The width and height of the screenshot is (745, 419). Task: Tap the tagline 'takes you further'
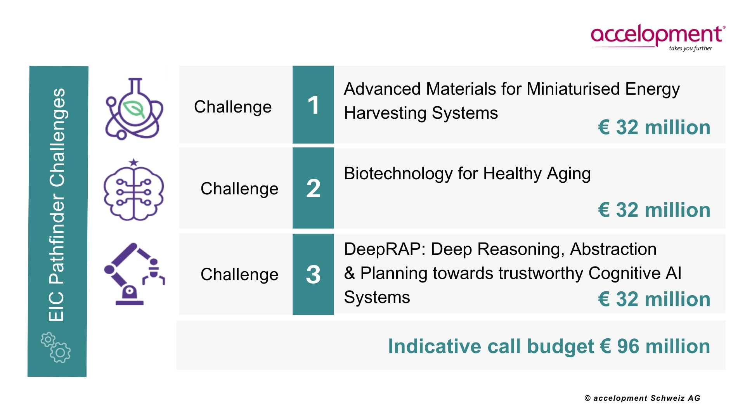[690, 48]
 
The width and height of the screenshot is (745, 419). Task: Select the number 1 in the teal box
[313, 105]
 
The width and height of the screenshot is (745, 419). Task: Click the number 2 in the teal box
[313, 189]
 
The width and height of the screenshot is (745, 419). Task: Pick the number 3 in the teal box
[313, 275]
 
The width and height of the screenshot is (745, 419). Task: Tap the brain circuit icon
[134, 190]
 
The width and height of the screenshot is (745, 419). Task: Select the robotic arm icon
[134, 274]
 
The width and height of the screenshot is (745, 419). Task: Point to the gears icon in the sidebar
[55, 347]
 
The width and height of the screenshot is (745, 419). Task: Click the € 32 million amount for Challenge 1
[654, 127]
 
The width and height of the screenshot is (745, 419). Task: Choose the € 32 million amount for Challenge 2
[654, 210]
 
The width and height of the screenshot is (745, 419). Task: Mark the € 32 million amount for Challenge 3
[654, 299]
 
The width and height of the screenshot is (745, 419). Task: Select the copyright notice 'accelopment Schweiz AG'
[647, 398]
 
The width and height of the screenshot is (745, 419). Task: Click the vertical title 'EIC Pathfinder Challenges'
[57, 204]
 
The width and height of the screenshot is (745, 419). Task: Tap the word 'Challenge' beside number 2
[239, 189]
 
